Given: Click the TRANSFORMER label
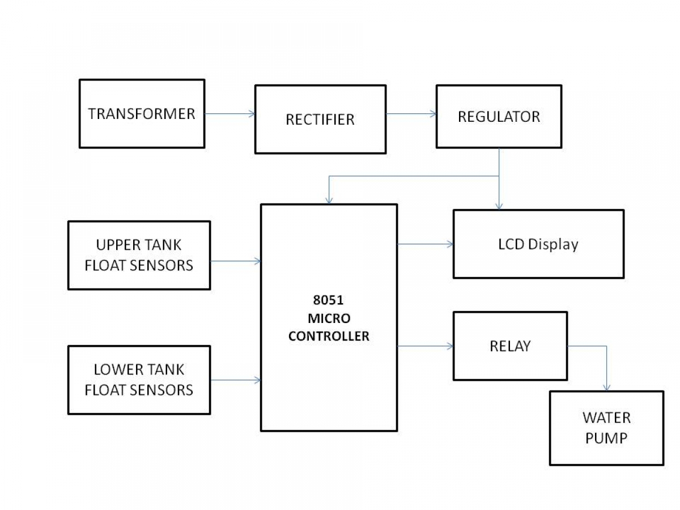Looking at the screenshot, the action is click(142, 114).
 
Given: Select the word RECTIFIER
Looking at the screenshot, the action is click(320, 120).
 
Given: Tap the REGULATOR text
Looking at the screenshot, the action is click(499, 117).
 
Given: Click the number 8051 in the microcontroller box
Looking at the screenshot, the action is click(328, 300).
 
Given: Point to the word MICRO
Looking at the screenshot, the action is click(329, 318).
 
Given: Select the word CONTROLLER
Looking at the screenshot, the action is click(329, 336).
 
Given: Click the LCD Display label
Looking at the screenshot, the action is click(538, 245).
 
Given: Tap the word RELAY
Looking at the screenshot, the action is click(510, 346).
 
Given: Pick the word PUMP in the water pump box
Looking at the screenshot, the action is click(606, 438).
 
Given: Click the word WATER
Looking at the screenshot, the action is click(606, 418).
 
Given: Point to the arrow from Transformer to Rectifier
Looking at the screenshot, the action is click(230, 114).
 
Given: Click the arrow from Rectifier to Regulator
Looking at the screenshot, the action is click(411, 114).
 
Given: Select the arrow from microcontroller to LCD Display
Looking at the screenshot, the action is click(426, 244).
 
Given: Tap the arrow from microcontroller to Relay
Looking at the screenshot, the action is click(426, 346).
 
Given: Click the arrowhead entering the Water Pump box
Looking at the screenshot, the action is click(606, 388).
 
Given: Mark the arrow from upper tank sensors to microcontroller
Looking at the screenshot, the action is click(235, 261).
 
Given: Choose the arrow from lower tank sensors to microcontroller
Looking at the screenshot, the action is click(235, 380).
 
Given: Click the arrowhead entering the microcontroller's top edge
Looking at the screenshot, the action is click(329, 201).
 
